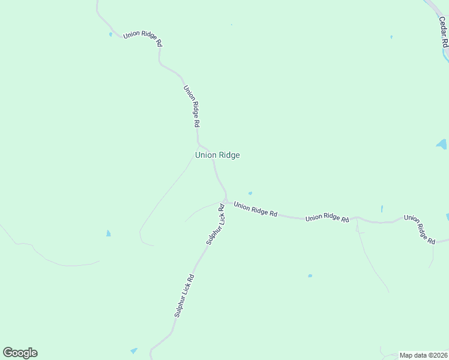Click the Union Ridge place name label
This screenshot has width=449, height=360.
[217, 155]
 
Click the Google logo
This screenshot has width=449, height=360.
[20, 353]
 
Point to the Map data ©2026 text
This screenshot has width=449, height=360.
[424, 355]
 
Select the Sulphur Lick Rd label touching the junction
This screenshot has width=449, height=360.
[215, 224]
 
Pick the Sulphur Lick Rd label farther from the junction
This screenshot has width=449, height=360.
[184, 296]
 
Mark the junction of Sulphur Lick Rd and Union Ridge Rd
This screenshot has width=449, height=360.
[226, 200]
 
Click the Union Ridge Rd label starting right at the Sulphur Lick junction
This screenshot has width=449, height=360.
[255, 209]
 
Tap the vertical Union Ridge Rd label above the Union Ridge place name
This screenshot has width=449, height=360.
[191, 106]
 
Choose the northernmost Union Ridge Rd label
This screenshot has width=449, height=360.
[142, 38]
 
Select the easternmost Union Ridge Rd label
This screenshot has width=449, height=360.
[420, 229]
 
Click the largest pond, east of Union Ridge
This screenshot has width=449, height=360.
[442, 145]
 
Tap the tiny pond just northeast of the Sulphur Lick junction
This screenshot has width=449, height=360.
[250, 193]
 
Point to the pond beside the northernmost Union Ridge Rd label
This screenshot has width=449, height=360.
[110, 34]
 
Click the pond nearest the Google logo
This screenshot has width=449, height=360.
[133, 350]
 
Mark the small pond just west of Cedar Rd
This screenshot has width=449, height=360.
[391, 37]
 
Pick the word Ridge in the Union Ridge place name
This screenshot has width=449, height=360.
[229, 155]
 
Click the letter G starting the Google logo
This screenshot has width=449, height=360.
[8, 353]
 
